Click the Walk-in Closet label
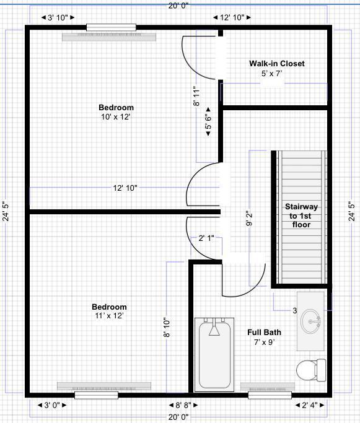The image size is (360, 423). coord(276,64)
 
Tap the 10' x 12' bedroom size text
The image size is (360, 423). coord(116,116)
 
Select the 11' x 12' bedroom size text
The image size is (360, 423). coord(109,316)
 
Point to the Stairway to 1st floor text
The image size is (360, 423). coord(301,216)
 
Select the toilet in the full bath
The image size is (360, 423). coord(310,370)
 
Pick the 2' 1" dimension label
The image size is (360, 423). coord(207,238)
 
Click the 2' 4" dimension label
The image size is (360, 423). coord(309,406)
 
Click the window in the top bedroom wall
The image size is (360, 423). coord(111,27)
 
